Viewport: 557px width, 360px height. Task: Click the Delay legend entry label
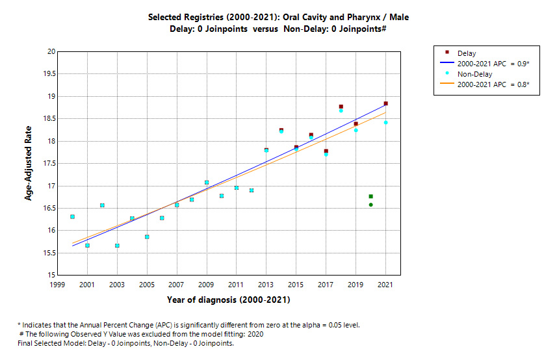[x=466, y=53]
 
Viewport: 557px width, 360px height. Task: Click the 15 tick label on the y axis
[x=51, y=276]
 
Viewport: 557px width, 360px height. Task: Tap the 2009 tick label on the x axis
[x=206, y=285]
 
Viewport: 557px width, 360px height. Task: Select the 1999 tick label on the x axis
[x=57, y=285]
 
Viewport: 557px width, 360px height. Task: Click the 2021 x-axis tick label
[x=385, y=285]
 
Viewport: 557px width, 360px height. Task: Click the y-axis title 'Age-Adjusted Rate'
[x=29, y=163]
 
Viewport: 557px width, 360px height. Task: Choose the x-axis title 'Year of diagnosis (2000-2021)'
[x=228, y=300]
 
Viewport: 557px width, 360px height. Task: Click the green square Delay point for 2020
[x=370, y=196]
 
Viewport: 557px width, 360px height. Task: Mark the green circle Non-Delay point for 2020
[x=370, y=205]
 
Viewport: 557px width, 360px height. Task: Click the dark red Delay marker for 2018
[x=341, y=107]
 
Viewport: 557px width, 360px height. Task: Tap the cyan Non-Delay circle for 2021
[x=385, y=122]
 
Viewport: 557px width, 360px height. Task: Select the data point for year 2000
[x=72, y=216]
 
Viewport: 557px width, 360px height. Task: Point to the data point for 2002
[x=102, y=205]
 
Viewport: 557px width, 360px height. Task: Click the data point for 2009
[x=207, y=183]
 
